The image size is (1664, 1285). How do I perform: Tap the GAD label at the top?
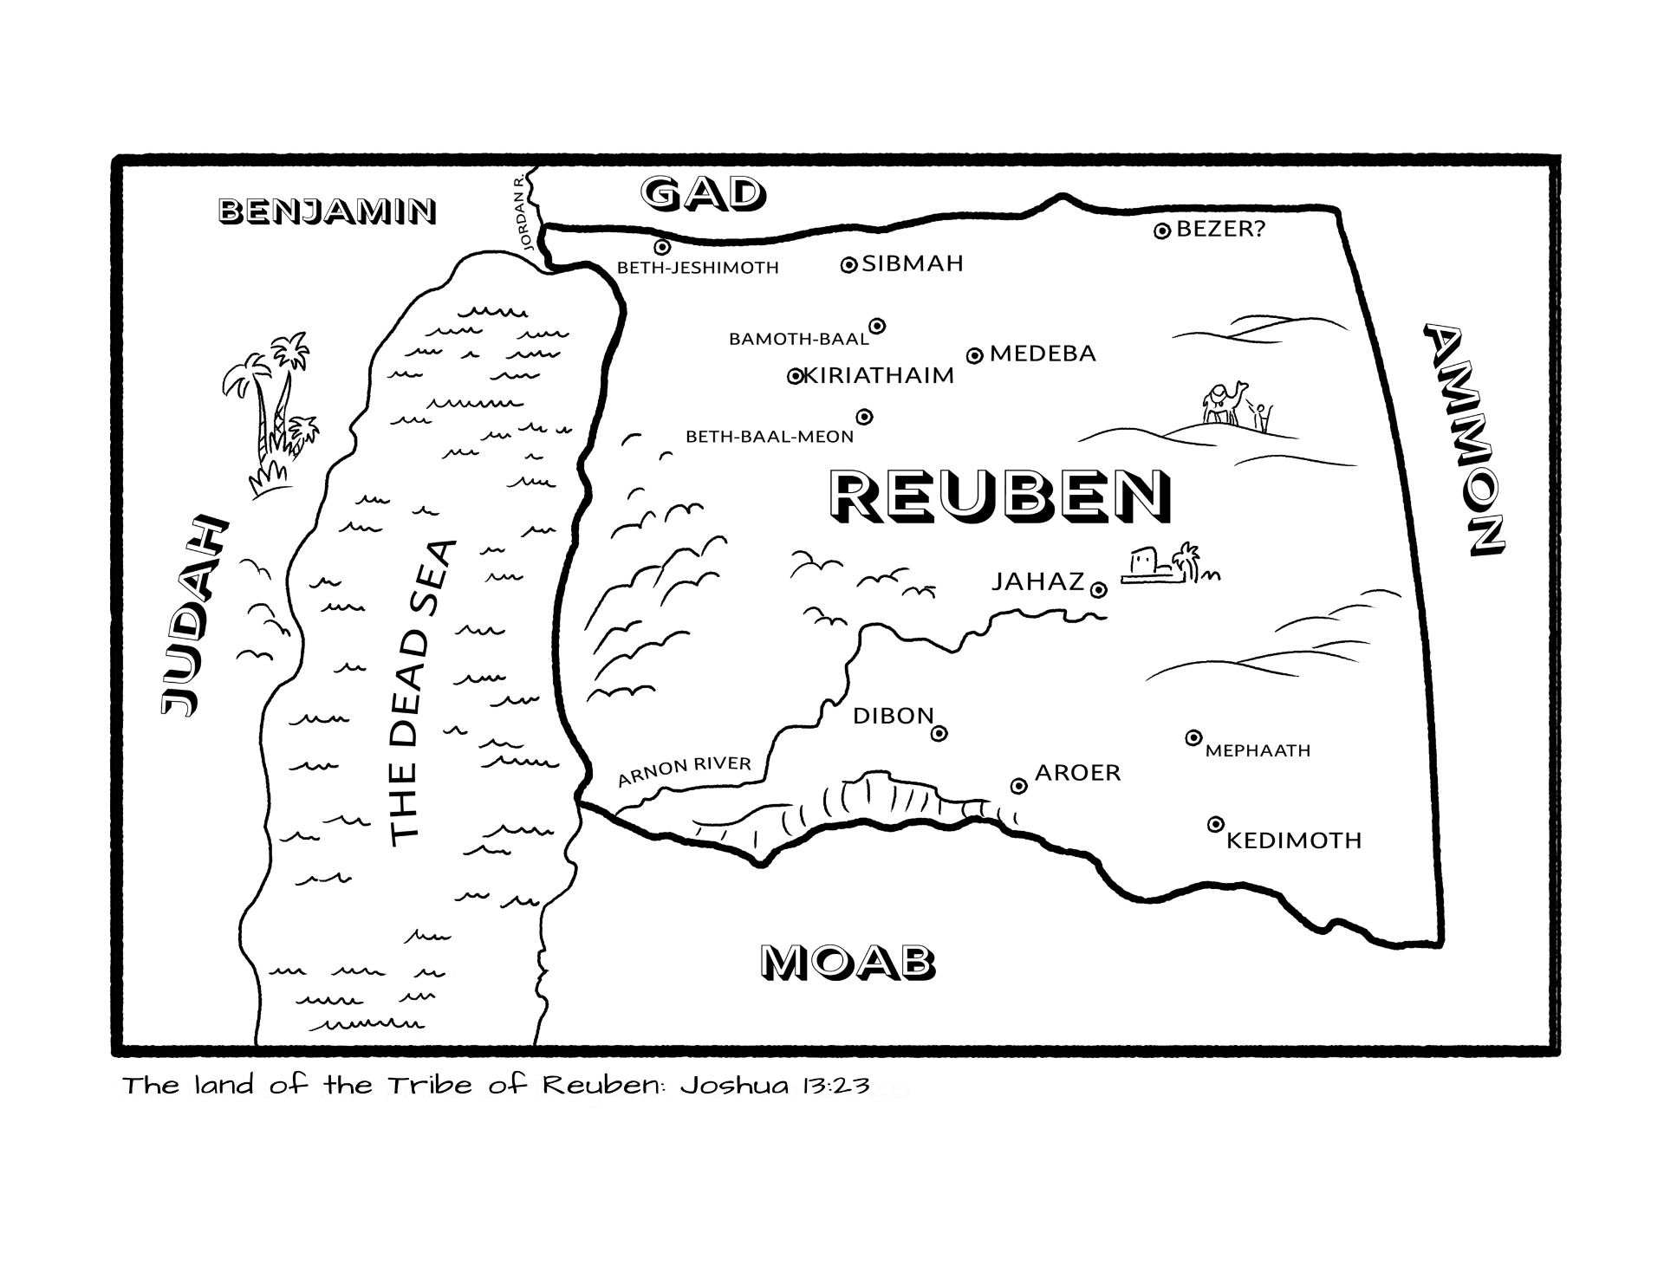(x=703, y=194)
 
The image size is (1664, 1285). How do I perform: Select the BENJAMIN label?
(x=327, y=211)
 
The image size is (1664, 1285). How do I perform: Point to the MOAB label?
(x=848, y=962)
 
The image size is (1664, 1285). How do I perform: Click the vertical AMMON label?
(x=1465, y=440)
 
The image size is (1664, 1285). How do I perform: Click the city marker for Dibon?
(x=939, y=734)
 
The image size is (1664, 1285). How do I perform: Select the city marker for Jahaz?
(x=1098, y=590)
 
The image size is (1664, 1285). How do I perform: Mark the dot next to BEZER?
(x=1162, y=230)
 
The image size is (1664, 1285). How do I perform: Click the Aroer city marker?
(x=1019, y=786)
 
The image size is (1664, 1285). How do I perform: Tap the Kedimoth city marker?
(x=1216, y=824)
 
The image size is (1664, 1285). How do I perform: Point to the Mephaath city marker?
(x=1193, y=737)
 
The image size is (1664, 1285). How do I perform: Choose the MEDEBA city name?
(x=1043, y=354)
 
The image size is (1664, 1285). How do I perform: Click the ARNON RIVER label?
(x=685, y=770)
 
